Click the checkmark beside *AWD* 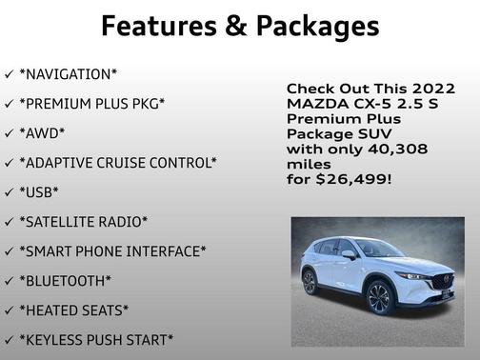tap(9, 132)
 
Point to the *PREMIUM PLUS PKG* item tap(91, 103)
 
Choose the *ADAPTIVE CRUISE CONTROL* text tap(117, 162)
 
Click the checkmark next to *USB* tap(9, 191)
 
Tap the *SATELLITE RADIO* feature tap(83, 221)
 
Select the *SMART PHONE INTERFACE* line tap(111, 250)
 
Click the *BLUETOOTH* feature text tap(65, 280)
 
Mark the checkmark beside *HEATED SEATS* tap(9, 310)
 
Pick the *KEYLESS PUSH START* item tap(96, 339)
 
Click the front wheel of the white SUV tap(379, 297)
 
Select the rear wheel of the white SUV tap(309, 283)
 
